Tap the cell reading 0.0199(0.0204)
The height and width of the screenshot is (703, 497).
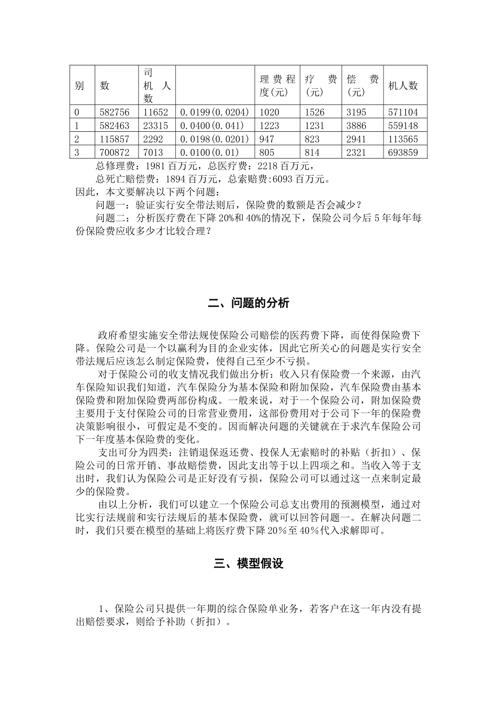coord(214,112)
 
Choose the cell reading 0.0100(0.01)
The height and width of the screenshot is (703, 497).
coord(209,153)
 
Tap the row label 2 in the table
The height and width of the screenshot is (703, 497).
coord(77,139)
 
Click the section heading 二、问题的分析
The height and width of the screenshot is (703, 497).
coord(249,303)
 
